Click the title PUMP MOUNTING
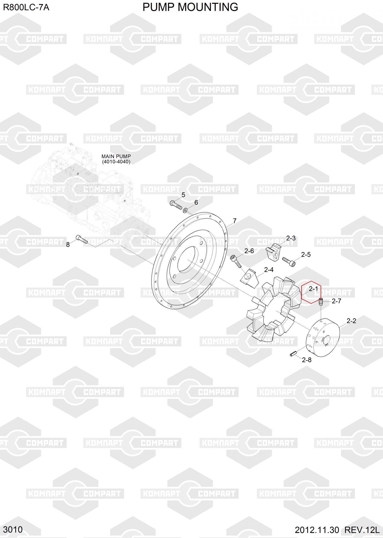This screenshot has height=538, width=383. click(190, 7)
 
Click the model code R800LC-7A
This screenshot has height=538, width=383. click(26, 8)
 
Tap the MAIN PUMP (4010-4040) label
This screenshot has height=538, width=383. click(116, 159)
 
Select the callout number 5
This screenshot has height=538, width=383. click(183, 195)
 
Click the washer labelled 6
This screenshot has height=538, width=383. click(185, 210)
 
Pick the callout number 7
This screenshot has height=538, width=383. click(234, 221)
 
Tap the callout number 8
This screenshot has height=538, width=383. click(68, 245)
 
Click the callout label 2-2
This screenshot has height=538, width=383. click(351, 321)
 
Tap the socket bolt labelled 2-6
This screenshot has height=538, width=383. click(236, 261)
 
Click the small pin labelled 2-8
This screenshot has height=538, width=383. click(293, 354)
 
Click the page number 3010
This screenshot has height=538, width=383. click(13, 530)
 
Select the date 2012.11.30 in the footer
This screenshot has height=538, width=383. click(317, 530)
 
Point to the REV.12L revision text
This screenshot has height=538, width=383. click(362, 530)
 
